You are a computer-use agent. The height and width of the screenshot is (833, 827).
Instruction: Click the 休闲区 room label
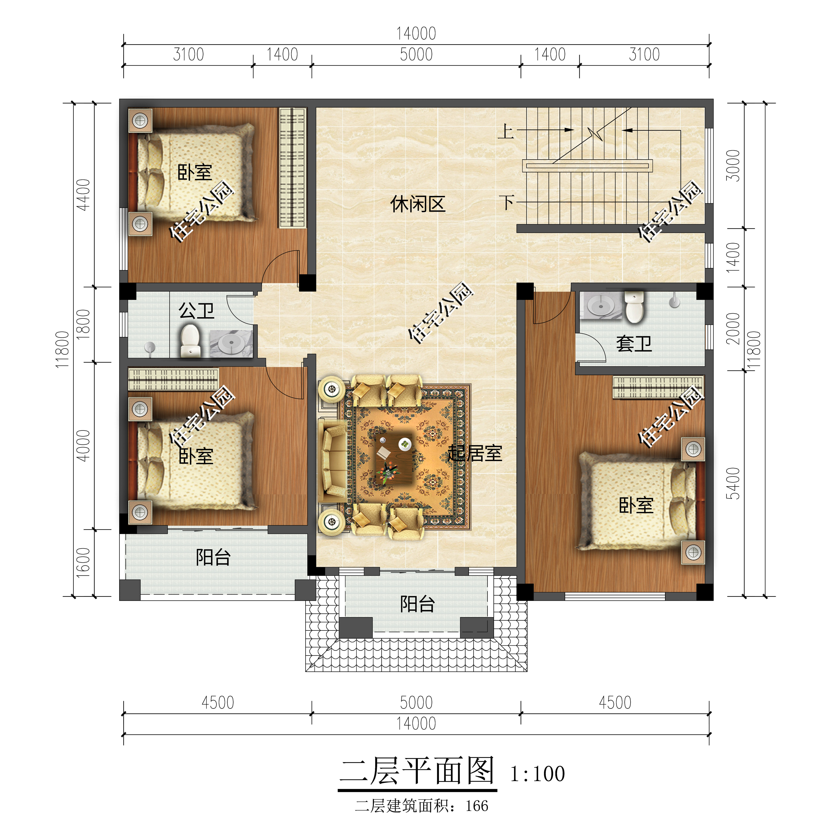tap(417, 204)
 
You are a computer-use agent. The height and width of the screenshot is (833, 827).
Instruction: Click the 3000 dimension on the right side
tap(733, 166)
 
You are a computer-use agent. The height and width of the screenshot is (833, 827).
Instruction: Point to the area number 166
tap(477, 806)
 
